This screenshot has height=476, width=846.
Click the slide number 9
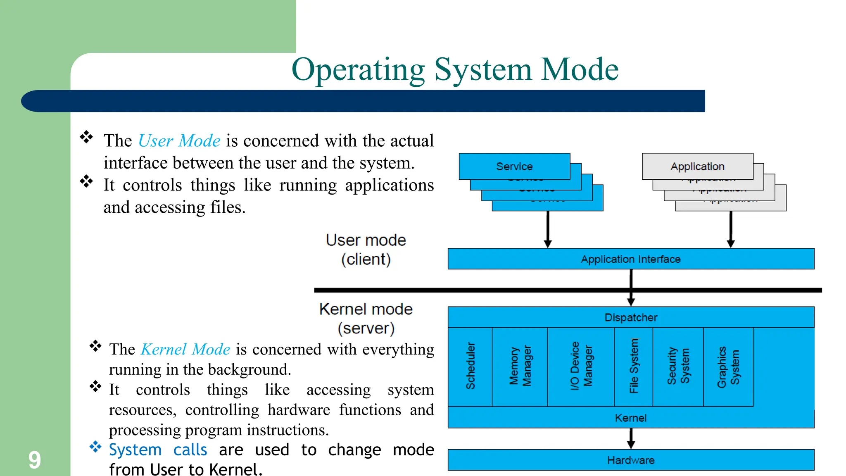pyautogui.click(x=34, y=460)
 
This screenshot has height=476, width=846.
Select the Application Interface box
pyautogui.click(x=630, y=259)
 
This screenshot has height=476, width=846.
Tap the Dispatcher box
pyautogui.click(x=630, y=317)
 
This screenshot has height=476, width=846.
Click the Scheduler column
pyautogui.click(x=470, y=366)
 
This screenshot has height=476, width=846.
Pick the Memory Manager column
pyautogui.click(x=520, y=366)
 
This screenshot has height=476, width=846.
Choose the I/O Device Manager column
pyautogui.click(x=581, y=366)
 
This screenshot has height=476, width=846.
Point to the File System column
pyautogui.click(x=634, y=366)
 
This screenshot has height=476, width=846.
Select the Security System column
pyautogui.click(x=678, y=366)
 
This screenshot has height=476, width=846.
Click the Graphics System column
pyautogui.click(x=728, y=366)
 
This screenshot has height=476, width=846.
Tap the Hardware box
pyautogui.click(x=630, y=460)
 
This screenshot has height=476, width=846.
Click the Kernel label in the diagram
pyautogui.click(x=630, y=418)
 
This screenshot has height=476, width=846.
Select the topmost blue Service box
pyautogui.click(x=514, y=166)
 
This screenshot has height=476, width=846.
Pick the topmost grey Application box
pyautogui.click(x=697, y=166)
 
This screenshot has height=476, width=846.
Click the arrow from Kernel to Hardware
pyautogui.click(x=631, y=438)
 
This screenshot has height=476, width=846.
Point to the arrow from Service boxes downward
pyautogui.click(x=548, y=229)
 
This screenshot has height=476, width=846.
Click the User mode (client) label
pyautogui.click(x=366, y=250)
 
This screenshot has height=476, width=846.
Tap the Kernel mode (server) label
pyautogui.click(x=366, y=319)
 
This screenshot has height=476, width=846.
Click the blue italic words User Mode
pyautogui.click(x=179, y=141)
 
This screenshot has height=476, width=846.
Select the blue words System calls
pyautogui.click(x=158, y=450)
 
